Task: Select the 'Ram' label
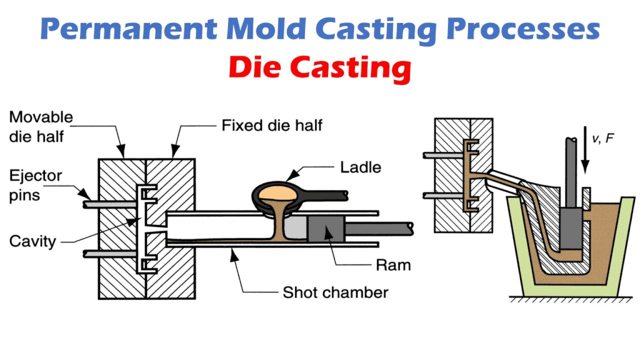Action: (x=393, y=264)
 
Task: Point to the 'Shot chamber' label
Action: (x=336, y=292)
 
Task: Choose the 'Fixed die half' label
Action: (x=272, y=126)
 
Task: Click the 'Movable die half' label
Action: (x=41, y=126)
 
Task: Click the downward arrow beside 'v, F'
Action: (x=584, y=150)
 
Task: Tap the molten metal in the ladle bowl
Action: (x=280, y=187)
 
